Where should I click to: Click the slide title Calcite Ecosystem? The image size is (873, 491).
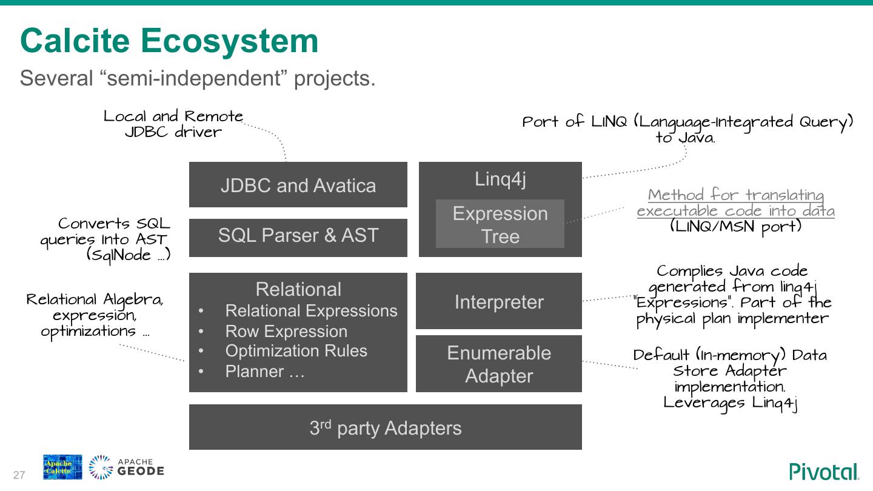[169, 41]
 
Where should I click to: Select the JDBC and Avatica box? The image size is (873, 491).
[298, 185]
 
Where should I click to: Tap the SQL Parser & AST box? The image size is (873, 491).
[298, 236]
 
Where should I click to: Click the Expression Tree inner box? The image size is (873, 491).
[500, 224]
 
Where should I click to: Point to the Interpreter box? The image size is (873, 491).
[498, 301]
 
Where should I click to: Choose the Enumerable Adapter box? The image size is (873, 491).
[498, 364]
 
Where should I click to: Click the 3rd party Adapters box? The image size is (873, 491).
[385, 427]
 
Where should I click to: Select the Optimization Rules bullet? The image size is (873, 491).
[296, 351]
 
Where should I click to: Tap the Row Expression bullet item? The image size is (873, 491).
[286, 331]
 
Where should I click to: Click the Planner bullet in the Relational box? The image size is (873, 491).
[264, 372]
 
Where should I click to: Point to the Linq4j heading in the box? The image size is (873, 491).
[500, 179]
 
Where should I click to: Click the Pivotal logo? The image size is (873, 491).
[824, 472]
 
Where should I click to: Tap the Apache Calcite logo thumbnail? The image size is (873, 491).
[62, 467]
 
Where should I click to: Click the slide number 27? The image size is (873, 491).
[19, 475]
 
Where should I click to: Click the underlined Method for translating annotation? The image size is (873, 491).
[735, 203]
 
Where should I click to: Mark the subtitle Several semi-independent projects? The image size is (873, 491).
[198, 78]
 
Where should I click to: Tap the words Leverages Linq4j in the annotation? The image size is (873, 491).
[730, 403]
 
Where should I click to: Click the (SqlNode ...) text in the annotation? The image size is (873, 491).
[128, 255]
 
